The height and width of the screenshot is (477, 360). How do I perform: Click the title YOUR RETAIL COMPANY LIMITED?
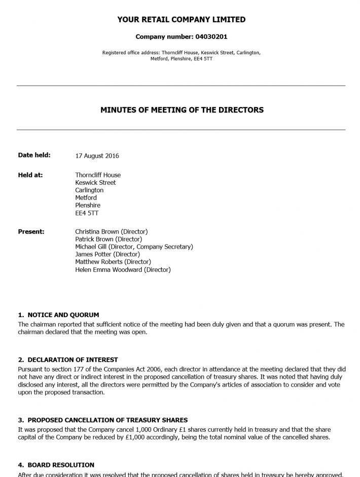pos(182,20)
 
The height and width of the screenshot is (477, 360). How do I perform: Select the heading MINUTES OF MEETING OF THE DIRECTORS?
pos(182,110)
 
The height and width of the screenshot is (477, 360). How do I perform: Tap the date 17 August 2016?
pos(97,156)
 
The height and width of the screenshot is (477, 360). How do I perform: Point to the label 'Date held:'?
pos(34,155)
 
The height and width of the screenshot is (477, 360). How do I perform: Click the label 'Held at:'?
pos(30,175)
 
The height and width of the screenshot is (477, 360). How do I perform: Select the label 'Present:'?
pos(31,231)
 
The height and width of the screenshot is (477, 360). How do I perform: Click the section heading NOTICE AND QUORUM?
pos(63,315)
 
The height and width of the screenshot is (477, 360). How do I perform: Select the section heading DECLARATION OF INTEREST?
pos(73,360)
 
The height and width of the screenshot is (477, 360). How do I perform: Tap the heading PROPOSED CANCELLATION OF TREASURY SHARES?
pos(107,420)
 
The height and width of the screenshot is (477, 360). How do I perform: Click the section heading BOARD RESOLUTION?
pos(61,465)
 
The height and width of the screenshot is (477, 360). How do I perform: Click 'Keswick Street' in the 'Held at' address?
pos(95,183)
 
